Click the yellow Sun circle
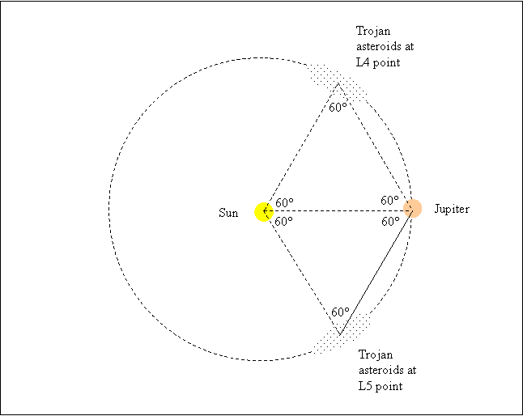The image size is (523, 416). [x=264, y=212]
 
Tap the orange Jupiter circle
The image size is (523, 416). [x=412, y=209]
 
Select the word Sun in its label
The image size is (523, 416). [x=228, y=213]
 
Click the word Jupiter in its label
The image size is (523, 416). [x=452, y=209]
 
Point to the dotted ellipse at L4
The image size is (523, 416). [x=324, y=78]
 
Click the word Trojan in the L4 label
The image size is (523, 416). [x=373, y=31]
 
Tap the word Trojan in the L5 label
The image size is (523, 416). [x=375, y=355]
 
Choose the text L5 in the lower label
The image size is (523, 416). [x=367, y=386]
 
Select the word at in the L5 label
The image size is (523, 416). [x=411, y=371]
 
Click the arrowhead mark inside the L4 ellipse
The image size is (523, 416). [x=340, y=87]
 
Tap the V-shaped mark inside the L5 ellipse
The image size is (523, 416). [x=342, y=328]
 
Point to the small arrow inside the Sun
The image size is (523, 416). [x=269, y=212]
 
